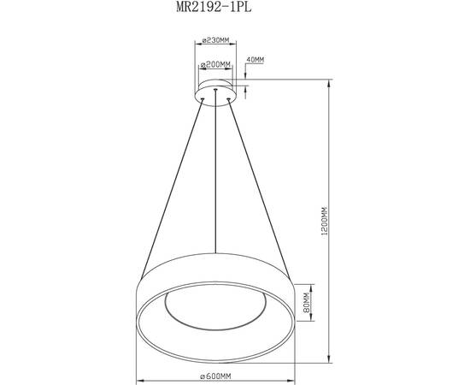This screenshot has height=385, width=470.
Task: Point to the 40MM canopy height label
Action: tap(256, 59)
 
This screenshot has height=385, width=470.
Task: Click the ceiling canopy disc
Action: tap(217, 91)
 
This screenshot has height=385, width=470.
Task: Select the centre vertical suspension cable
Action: tap(217, 171)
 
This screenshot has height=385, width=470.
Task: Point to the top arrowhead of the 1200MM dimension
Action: tap(331, 83)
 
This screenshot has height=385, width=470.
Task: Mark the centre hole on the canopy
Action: tap(217, 88)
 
